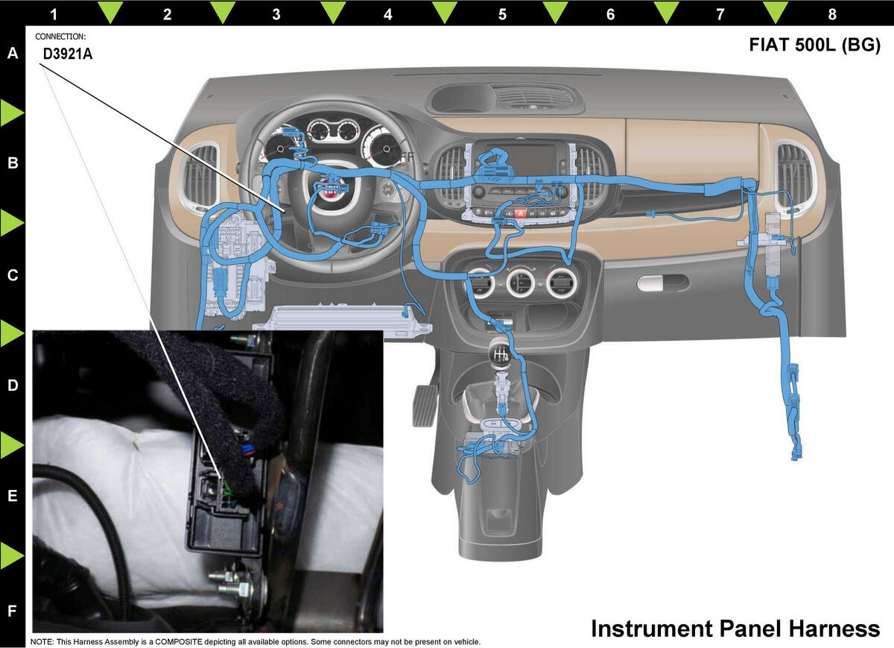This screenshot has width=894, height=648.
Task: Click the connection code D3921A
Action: [x=68, y=54]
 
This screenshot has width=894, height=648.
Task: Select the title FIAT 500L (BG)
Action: [x=814, y=45]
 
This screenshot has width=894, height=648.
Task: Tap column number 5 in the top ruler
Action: [x=502, y=14]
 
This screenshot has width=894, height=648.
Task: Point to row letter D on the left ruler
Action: [x=13, y=385]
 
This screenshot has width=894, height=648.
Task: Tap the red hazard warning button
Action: [x=520, y=213]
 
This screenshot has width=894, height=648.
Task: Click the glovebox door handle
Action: [x=663, y=283]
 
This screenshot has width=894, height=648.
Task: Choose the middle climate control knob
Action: [x=521, y=283]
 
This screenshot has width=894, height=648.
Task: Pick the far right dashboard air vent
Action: [x=793, y=174]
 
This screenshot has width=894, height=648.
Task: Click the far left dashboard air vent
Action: [x=200, y=177]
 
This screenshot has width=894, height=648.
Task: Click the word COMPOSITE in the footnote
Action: [x=178, y=641]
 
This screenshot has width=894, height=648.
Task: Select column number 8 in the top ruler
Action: [x=832, y=14]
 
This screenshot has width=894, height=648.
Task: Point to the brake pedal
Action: [x=423, y=405]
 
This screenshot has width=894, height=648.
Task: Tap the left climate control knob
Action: [x=481, y=283]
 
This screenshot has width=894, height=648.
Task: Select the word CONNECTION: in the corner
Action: [x=60, y=37]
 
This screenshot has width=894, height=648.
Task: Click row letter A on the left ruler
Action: [x=13, y=53]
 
